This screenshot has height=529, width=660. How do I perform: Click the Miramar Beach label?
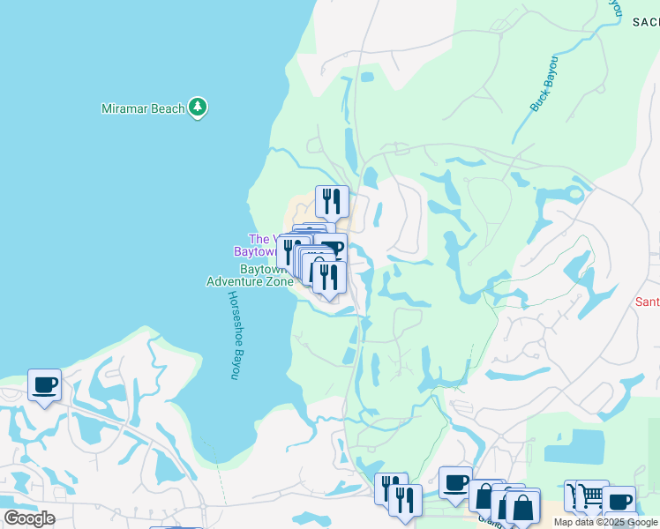143,108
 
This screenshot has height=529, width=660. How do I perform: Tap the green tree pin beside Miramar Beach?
199,108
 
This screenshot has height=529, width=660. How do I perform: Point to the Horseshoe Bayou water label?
234,335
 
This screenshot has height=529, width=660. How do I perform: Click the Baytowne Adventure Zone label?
249,275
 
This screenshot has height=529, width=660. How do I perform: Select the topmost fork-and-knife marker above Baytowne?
332,202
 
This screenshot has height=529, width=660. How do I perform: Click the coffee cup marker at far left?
44,385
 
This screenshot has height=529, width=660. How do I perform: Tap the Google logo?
28,518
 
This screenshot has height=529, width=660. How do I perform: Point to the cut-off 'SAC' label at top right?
645,23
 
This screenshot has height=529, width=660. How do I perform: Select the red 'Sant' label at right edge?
647,302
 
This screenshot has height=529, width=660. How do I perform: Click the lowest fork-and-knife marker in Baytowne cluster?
329,277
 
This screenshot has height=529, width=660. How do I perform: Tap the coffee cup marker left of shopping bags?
455,483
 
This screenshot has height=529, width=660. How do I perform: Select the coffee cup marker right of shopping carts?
619,502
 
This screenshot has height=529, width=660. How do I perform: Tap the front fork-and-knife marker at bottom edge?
405,500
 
